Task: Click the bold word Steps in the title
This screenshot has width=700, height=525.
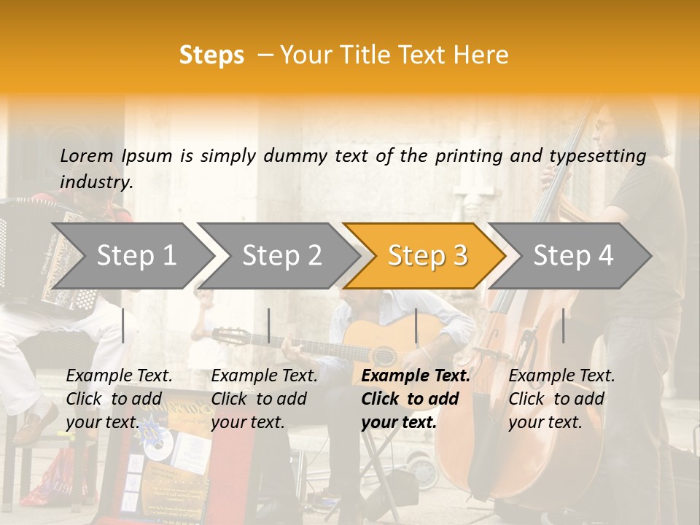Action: (211, 55)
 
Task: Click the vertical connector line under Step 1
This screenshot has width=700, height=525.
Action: (123, 325)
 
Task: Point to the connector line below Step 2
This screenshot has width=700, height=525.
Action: (269, 325)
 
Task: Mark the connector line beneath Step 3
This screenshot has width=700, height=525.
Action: (416, 325)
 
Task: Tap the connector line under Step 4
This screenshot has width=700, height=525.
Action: (563, 325)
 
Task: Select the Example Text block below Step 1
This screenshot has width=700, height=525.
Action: (119, 398)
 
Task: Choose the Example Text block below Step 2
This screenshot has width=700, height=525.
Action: (264, 398)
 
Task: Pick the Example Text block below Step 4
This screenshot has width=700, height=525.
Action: (561, 398)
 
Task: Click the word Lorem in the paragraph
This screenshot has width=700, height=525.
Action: (87, 155)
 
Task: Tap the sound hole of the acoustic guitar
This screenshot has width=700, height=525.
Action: (384, 355)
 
